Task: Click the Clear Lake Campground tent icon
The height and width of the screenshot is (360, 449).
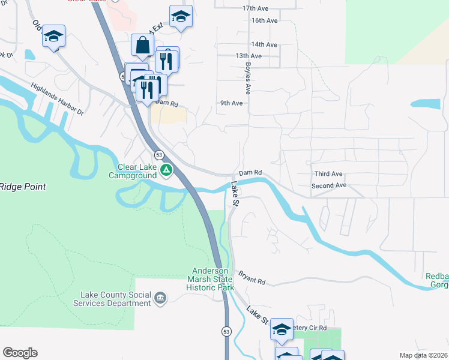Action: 167,172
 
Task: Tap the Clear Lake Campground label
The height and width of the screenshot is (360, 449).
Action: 137,172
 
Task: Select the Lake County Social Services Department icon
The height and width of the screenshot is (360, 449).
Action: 160,298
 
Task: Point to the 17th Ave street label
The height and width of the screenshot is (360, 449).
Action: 255,9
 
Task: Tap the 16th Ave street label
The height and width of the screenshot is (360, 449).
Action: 264,20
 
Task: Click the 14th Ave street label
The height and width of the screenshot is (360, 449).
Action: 264,44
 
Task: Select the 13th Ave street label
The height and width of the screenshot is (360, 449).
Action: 249,56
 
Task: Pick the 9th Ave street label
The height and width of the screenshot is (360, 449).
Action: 231,103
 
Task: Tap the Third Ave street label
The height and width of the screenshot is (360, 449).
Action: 328,174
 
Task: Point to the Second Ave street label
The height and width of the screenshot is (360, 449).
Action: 329,186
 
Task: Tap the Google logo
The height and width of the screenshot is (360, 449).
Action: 20,353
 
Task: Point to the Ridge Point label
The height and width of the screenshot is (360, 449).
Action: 23,187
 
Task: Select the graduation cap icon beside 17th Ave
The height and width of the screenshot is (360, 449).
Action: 180,17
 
